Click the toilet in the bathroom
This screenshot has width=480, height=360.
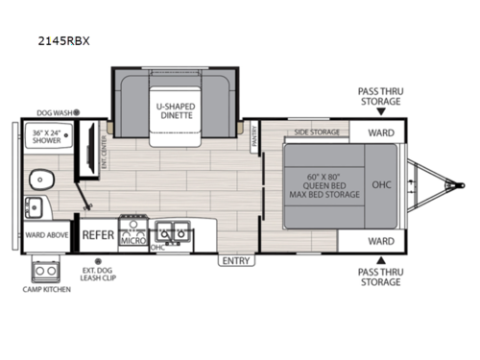40,178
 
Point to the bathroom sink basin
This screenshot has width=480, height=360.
33,205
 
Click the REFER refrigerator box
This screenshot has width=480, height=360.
98,233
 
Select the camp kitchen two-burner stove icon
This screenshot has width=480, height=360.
43,267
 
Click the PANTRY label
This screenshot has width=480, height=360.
254,139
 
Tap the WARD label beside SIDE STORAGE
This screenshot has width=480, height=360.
380,132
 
